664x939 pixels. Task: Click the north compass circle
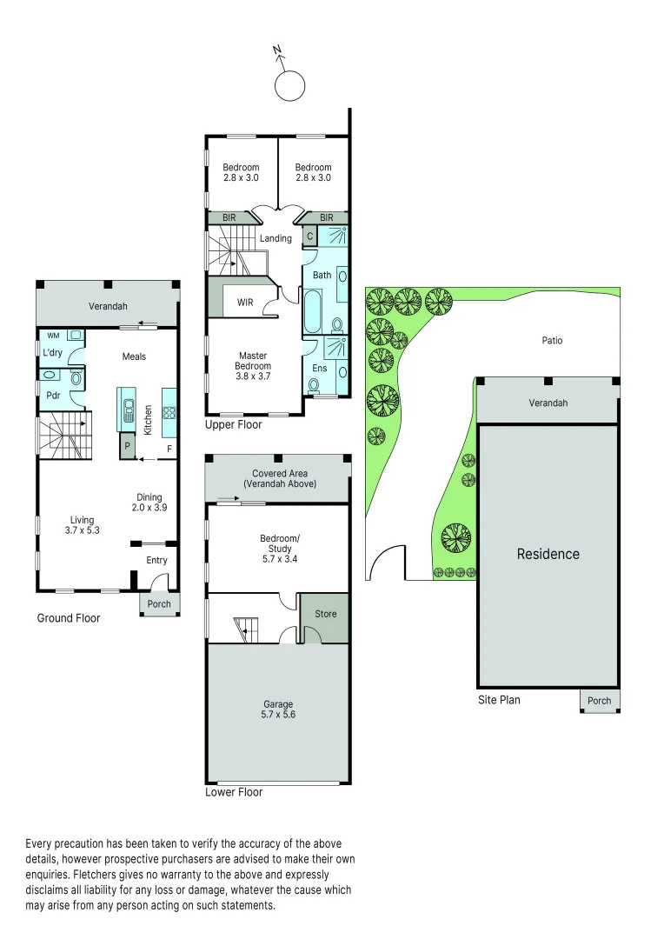pos(289,85)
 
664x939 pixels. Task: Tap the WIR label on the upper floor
pos(245,302)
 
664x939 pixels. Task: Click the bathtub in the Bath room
pos(312,312)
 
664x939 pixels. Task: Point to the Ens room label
pos(319,369)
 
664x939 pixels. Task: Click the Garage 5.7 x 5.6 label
pos(278,709)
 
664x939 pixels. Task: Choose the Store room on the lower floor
pos(325,614)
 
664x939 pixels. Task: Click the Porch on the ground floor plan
pos(159,604)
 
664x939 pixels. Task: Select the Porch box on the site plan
pos(600,701)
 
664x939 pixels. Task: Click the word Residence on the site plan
pos(548,554)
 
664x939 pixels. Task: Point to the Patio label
pos(552,340)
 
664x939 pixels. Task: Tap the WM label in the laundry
pos(53,335)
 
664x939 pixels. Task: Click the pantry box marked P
pos(128,445)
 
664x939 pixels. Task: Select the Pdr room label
pos(52,394)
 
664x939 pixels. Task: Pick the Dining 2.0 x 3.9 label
pos(149,503)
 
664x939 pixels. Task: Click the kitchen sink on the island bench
pos(128,408)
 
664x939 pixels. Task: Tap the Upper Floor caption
pos(233,425)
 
